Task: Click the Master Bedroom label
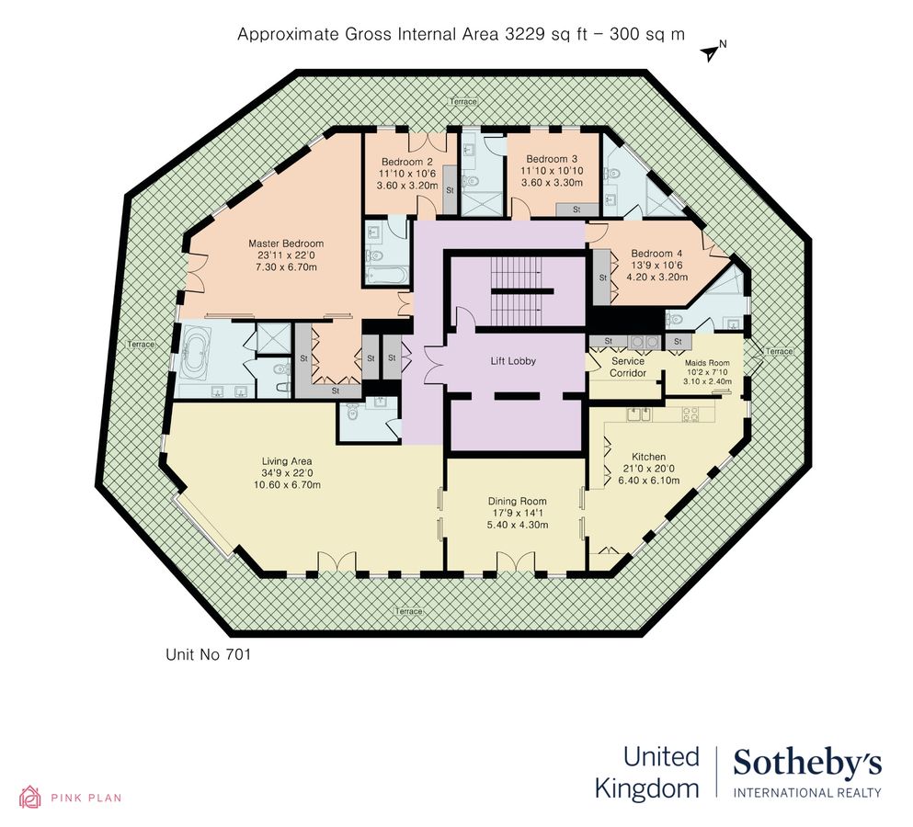(286, 244)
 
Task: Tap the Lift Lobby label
(512, 361)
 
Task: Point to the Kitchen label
(648, 457)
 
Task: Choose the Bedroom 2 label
(406, 162)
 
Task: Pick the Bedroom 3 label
(546, 158)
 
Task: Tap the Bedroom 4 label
(656, 254)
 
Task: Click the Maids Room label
(706, 362)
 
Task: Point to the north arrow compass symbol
(711, 51)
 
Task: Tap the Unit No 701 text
(208, 655)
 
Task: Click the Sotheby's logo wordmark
(806, 762)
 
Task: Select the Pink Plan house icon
(30, 797)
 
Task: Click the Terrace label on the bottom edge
(409, 611)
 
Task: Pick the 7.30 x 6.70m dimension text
(286, 267)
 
